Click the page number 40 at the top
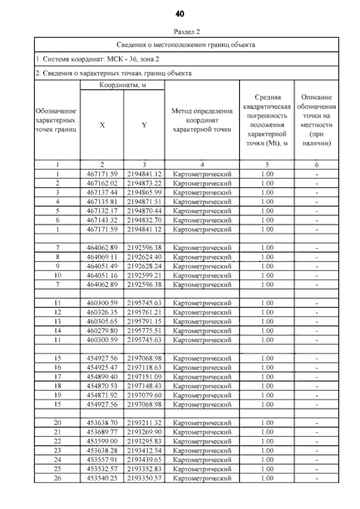click(180, 13)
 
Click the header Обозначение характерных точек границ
click(56, 120)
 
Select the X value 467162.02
click(102, 183)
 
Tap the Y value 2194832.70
click(144, 220)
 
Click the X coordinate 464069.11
click(102, 256)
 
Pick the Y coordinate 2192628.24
click(144, 266)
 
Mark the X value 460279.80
click(102, 331)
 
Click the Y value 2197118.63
click(144, 367)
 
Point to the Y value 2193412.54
click(144, 451)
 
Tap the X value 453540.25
click(102, 478)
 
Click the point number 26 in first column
click(57, 478)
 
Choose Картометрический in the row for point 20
click(202, 423)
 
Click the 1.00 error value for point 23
click(267, 451)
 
